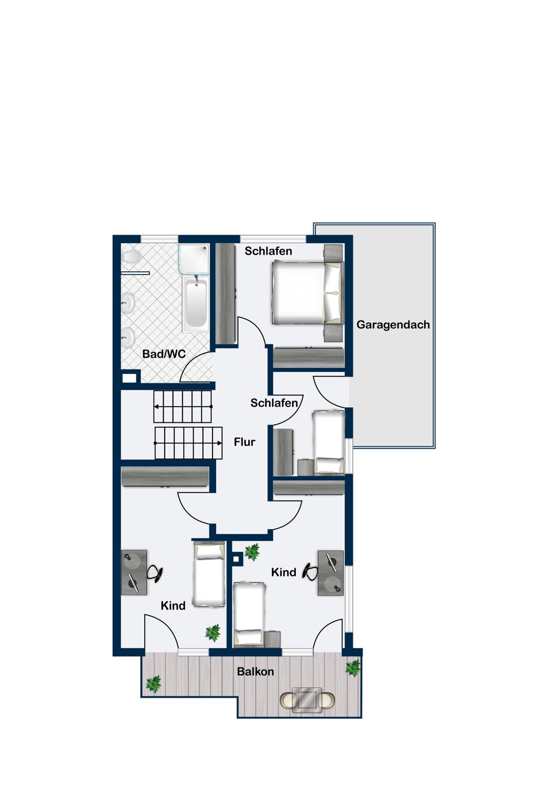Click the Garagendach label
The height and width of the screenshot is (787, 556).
393,325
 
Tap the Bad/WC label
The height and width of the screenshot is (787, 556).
164,354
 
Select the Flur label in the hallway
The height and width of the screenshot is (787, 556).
244,442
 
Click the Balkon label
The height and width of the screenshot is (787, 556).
255,672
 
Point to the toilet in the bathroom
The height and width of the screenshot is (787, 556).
131,258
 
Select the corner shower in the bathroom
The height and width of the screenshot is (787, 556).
194,259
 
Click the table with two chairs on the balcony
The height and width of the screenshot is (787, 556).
307,699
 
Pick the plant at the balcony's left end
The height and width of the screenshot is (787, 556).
153,684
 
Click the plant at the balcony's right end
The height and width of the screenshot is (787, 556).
352,668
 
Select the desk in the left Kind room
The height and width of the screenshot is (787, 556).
134,572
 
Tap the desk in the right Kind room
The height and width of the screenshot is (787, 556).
331,573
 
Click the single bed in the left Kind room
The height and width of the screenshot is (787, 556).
209,575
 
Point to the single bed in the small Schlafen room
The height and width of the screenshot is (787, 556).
329,442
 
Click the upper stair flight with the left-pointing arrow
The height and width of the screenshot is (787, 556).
183,406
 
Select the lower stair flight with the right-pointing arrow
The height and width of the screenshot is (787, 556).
188,443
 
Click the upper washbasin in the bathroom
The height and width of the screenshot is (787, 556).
128,303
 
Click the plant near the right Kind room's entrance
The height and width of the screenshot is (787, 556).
252,551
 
